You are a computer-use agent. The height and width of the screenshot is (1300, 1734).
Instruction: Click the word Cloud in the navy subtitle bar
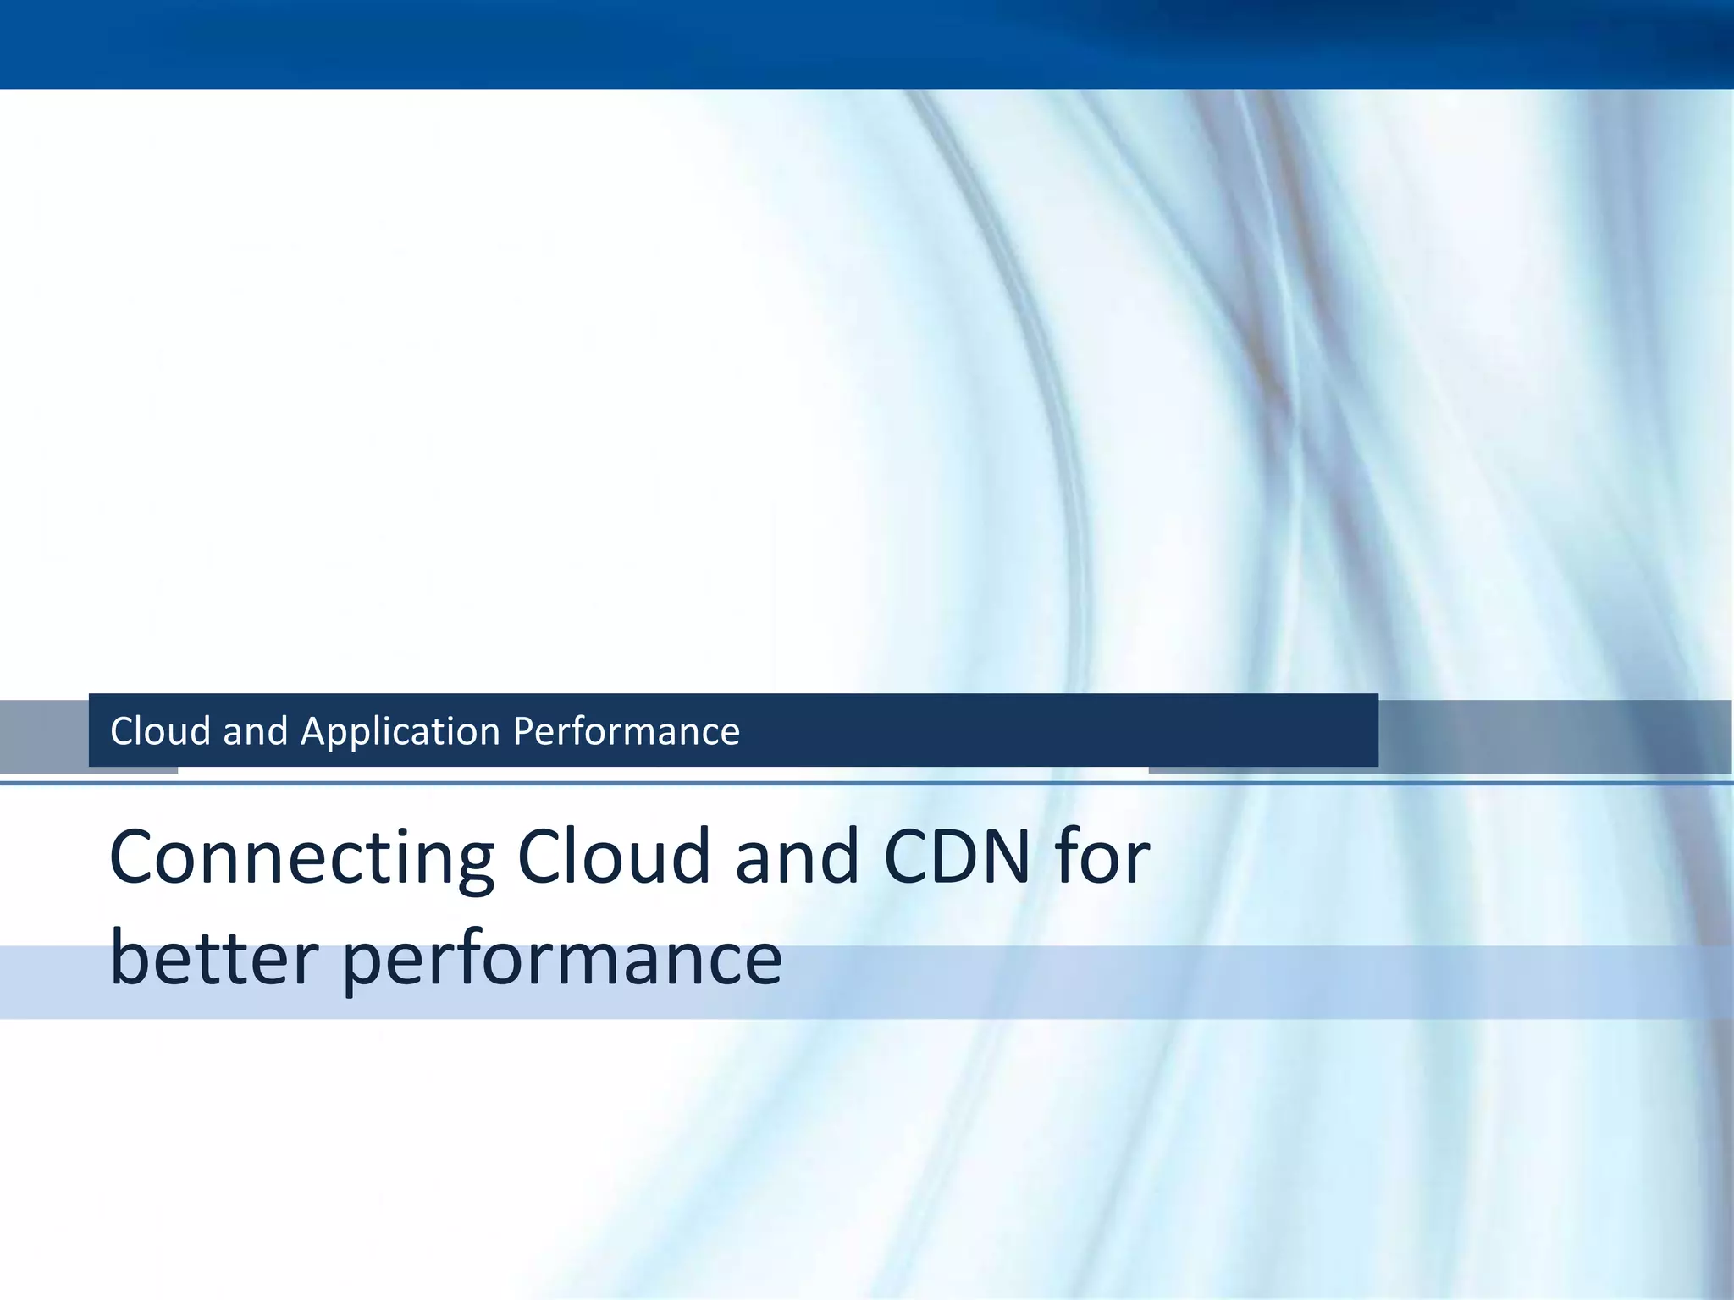pos(160,731)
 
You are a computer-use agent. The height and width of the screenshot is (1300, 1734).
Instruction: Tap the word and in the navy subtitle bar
pos(256,731)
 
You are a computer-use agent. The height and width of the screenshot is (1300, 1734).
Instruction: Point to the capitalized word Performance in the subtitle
pos(627,731)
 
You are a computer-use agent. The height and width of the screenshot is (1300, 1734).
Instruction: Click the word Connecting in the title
pos(302,859)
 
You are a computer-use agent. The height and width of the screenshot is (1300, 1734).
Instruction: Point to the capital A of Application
pos(314,731)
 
